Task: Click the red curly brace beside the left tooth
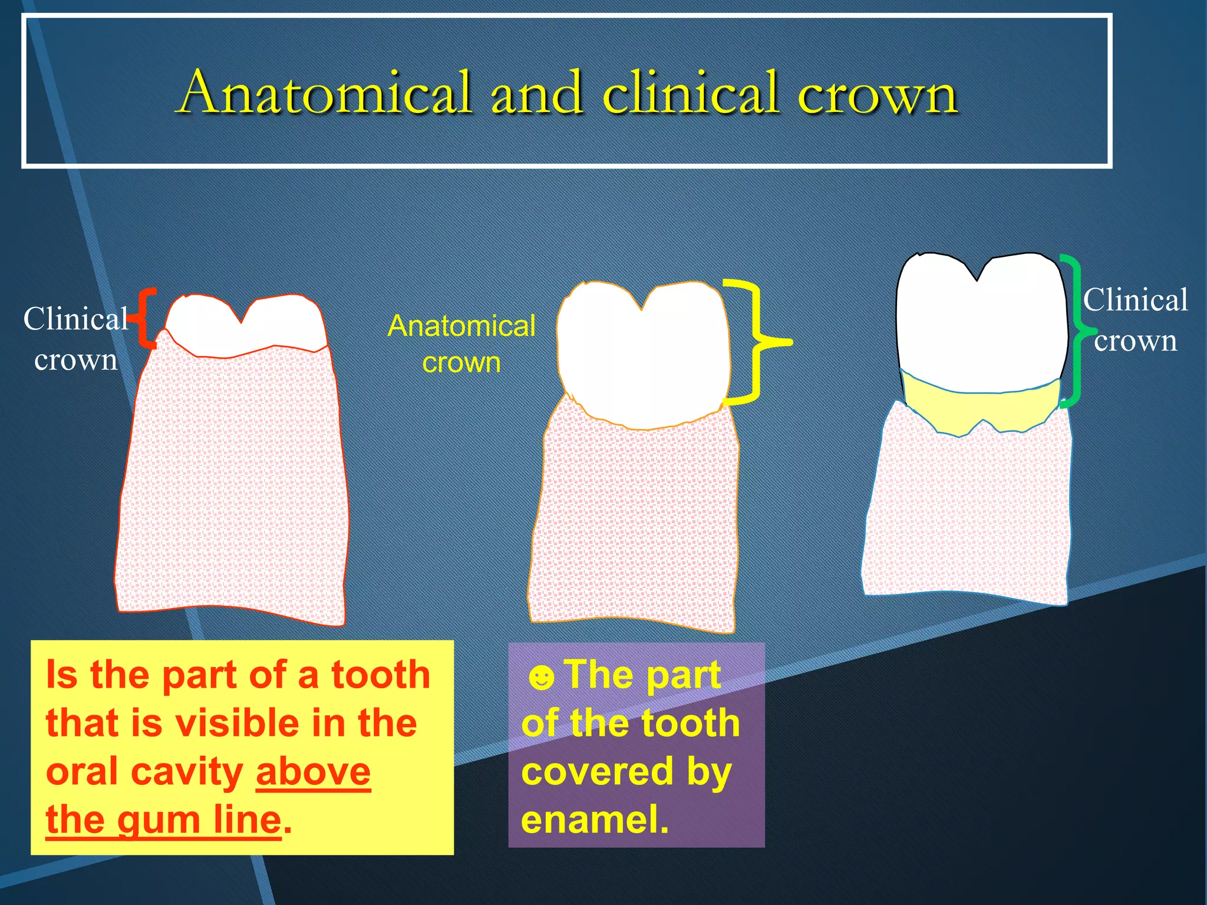click(145, 318)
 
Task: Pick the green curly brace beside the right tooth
click(1076, 330)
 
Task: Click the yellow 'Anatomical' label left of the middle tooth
click(461, 326)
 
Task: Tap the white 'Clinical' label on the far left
click(75, 319)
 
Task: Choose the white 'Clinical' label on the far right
click(1135, 300)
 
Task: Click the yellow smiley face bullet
click(541, 678)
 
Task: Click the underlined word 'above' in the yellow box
click(313, 771)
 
